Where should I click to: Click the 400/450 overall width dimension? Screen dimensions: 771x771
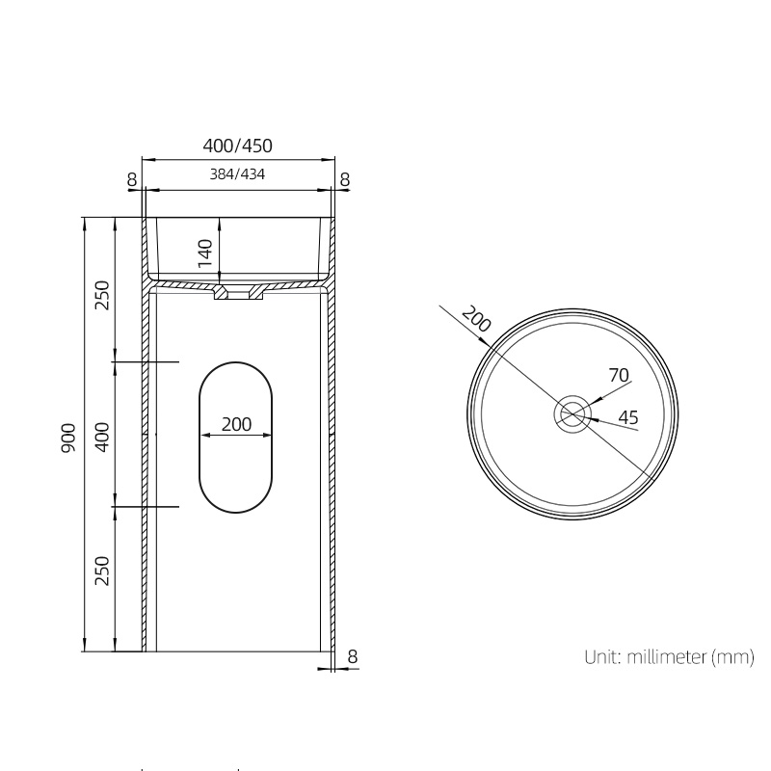237,146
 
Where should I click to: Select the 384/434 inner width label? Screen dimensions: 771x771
237,175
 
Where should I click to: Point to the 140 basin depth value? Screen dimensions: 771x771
204,253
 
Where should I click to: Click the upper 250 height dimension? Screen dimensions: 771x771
102,294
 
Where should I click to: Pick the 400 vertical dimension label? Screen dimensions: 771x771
102,437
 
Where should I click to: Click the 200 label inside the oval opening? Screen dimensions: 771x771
236,424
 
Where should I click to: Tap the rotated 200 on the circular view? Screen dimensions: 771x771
476,319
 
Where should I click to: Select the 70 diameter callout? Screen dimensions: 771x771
619,375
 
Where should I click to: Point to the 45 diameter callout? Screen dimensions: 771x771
627,417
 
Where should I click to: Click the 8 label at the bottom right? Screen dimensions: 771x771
353,656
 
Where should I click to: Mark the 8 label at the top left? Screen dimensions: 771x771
131,179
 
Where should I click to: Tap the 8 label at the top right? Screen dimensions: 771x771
345,179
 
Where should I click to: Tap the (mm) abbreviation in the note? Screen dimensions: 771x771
732,658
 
